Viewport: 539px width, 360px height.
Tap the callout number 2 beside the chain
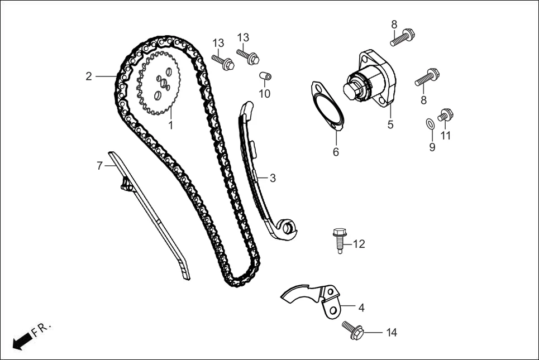coord(89,76)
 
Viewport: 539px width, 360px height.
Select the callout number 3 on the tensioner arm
coord(273,179)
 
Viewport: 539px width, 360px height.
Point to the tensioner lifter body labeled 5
coord(371,78)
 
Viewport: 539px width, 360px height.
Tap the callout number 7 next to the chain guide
coord(99,166)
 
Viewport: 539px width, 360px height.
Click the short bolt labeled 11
coord(446,115)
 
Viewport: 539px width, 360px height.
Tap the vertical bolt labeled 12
coord(339,239)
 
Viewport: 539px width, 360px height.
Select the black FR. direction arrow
coord(21,341)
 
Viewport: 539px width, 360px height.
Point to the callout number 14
coord(391,333)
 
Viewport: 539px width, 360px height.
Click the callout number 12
coord(359,244)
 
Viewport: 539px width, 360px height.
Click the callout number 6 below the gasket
coord(336,152)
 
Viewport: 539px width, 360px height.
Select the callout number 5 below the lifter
coord(390,125)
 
